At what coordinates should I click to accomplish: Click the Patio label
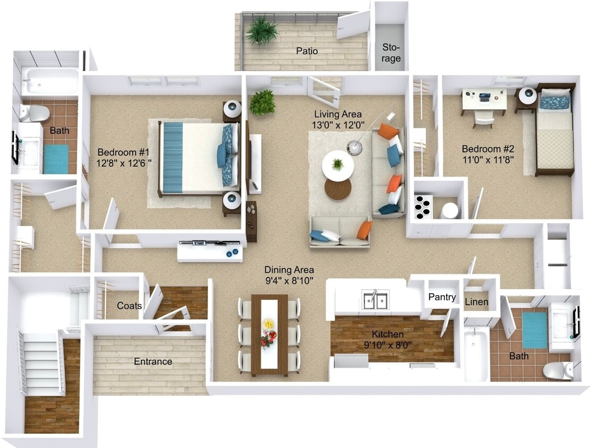pos(307,51)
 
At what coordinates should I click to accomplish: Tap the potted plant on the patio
pos(262,30)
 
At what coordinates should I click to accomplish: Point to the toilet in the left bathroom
pos(35,113)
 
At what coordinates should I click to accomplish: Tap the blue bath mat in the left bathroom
pos(56,159)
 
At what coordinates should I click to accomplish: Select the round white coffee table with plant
pos(338,165)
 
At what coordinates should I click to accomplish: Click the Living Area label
pos(338,114)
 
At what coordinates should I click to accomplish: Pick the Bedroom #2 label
pos(488,149)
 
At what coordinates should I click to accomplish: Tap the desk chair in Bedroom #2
pos(483,119)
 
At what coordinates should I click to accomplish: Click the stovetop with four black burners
pos(423,206)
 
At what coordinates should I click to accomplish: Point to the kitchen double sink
pos(376,299)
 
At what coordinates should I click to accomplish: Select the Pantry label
pos(442,297)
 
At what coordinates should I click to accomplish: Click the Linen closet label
pos(476,301)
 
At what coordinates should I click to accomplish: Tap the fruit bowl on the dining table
pos(269,323)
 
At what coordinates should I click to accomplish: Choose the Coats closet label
pos(129,305)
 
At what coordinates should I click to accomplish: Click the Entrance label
pos(153,361)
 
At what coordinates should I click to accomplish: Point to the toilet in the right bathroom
pos(557,371)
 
